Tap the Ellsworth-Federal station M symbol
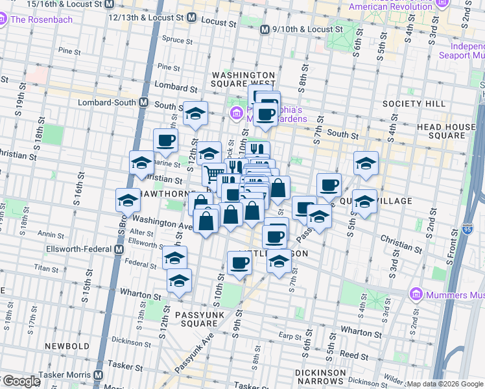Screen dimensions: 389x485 (119, 249)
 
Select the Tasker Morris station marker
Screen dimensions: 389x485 (99, 375)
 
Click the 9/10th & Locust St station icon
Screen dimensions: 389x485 (265, 30)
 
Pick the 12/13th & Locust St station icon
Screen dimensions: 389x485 (191, 18)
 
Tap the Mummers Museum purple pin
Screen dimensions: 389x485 (416, 296)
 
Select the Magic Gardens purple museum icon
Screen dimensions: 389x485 (237, 115)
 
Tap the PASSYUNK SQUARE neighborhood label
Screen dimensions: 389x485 (195, 318)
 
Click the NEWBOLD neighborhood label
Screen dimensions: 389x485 (67, 346)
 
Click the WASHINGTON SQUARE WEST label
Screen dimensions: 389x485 (244, 79)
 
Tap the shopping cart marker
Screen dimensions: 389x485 (213, 173)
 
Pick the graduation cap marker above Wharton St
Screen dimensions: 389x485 (180, 280)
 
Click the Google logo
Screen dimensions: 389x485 (21, 381)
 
